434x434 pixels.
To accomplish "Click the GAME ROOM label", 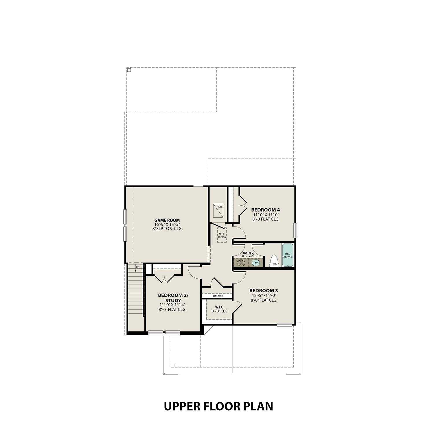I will click(x=167, y=220).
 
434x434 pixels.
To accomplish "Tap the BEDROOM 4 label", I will click(x=265, y=210).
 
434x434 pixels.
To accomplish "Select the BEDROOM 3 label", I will click(x=264, y=290).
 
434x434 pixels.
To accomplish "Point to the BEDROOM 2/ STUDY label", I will click(x=173, y=298).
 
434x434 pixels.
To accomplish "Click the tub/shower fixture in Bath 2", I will click(x=287, y=255).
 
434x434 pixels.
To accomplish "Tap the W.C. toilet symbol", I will click(x=274, y=261).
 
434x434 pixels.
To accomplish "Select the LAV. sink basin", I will click(x=255, y=263).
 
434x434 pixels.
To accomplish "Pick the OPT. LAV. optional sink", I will click(x=241, y=263).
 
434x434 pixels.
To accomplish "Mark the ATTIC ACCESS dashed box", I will click(x=222, y=235).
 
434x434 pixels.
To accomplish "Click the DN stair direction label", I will click(x=138, y=267).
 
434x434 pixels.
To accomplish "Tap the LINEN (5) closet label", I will click(x=218, y=296).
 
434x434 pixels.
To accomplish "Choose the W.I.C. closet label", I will click(x=220, y=307).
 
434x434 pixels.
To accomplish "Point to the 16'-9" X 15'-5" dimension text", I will click(x=167, y=225).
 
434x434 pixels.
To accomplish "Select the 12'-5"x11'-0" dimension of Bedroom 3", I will click(x=264, y=295).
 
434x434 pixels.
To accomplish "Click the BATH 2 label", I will click(x=248, y=253).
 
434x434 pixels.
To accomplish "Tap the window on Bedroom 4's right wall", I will click(x=295, y=230).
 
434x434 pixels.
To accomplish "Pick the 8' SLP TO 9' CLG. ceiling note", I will click(x=167, y=229).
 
